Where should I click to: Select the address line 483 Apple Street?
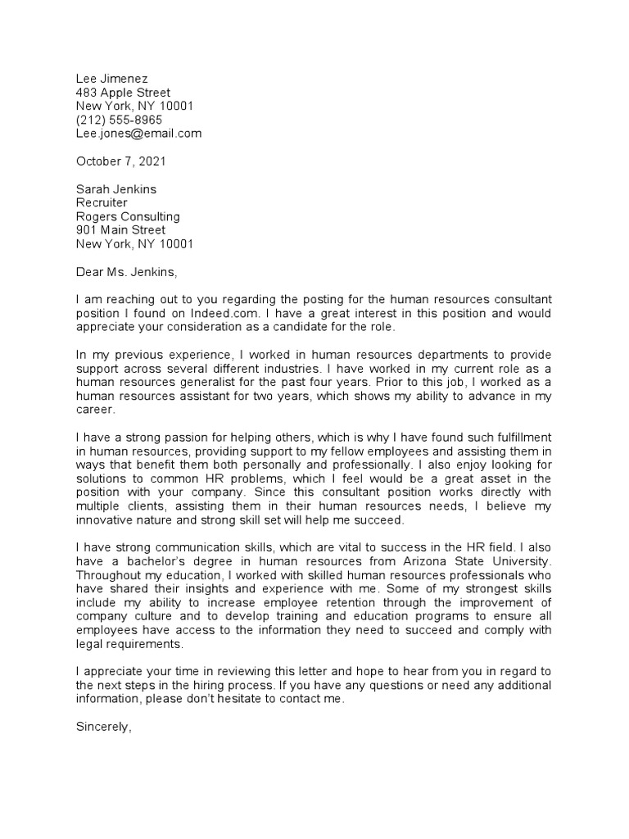click(x=123, y=93)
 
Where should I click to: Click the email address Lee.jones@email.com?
click(x=138, y=134)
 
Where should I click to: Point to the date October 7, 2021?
click(x=120, y=161)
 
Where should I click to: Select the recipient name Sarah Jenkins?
click(x=115, y=189)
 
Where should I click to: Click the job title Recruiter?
click(x=102, y=202)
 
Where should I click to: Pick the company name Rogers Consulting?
click(x=128, y=216)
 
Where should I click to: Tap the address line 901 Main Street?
click(x=120, y=230)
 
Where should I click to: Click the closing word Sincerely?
click(x=103, y=727)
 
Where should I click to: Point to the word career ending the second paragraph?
click(x=94, y=410)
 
